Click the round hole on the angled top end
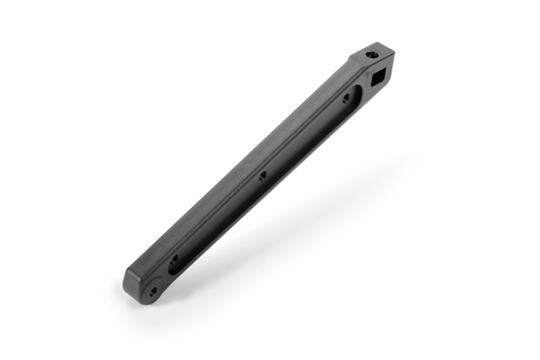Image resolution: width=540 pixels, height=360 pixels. tap(372, 56)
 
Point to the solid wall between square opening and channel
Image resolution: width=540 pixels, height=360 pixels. tap(364, 89)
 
